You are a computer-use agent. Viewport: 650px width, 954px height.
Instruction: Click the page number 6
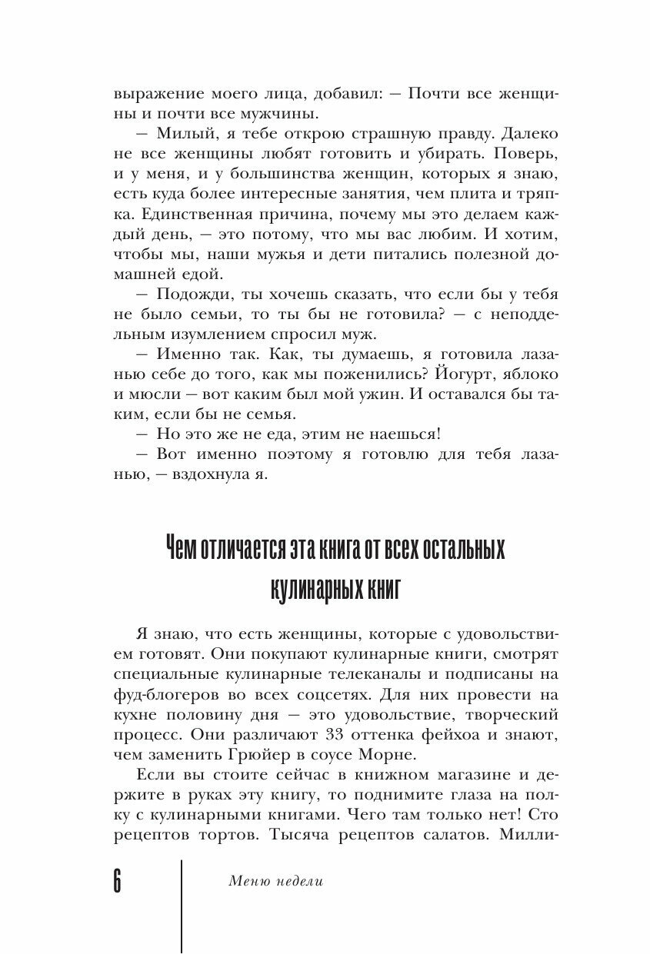pos(117,880)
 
